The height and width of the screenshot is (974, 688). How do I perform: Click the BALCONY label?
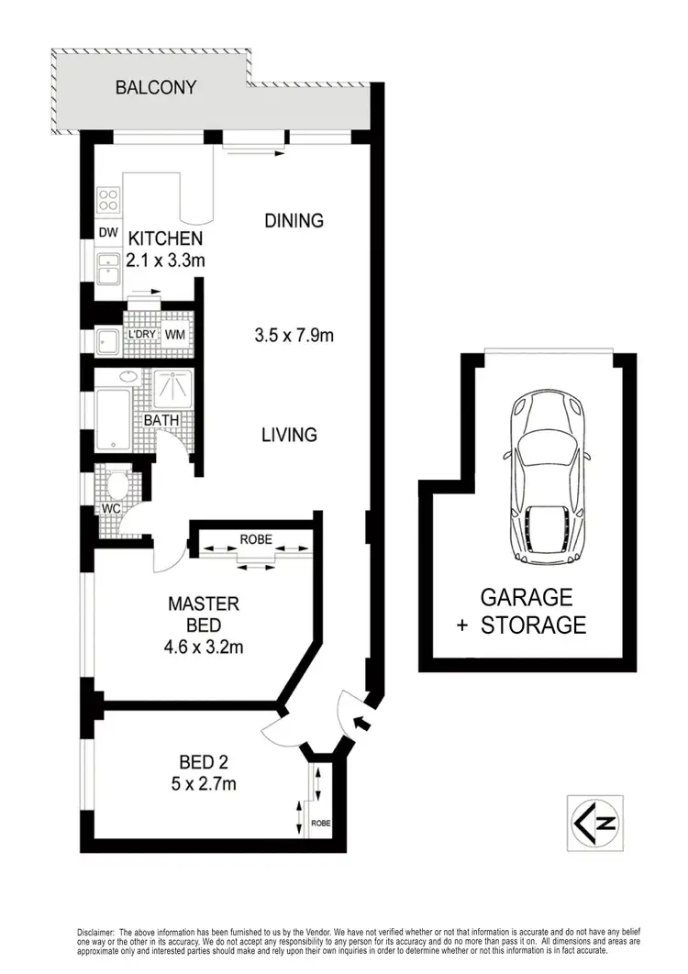click(155, 88)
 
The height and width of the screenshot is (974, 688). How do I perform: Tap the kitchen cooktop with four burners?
click(108, 200)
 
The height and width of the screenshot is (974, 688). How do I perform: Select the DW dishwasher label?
click(108, 233)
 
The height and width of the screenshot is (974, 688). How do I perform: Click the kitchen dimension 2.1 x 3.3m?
click(166, 260)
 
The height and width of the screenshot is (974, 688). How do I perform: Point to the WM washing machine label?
click(174, 334)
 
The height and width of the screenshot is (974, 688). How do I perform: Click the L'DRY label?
click(141, 334)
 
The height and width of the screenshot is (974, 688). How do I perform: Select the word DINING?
click(294, 220)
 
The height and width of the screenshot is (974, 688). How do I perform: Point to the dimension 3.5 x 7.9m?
click(294, 335)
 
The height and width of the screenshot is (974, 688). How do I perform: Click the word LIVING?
click(290, 435)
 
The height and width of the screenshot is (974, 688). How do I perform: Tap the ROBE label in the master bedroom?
click(256, 539)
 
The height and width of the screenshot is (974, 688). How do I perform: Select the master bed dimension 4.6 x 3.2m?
click(204, 647)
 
